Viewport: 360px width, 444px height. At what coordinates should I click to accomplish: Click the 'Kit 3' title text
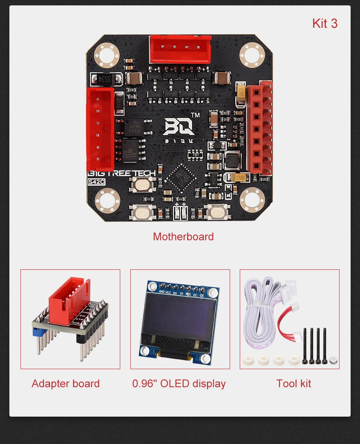(325, 23)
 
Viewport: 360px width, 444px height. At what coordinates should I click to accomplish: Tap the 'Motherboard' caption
(183, 237)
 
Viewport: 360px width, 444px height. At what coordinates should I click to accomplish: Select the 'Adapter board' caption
(66, 384)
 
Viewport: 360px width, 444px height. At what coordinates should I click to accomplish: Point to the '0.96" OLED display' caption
(179, 384)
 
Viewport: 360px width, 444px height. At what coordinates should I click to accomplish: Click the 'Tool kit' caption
(293, 384)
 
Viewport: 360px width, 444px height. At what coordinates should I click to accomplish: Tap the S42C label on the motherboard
(96, 182)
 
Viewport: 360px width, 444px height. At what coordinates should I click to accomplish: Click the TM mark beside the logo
(195, 115)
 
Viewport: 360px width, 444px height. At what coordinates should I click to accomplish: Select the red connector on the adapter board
(68, 301)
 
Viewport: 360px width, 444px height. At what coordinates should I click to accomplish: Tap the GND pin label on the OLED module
(162, 292)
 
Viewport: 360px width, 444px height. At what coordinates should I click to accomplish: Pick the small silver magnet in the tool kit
(333, 360)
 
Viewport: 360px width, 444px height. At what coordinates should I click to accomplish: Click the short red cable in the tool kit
(284, 319)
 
